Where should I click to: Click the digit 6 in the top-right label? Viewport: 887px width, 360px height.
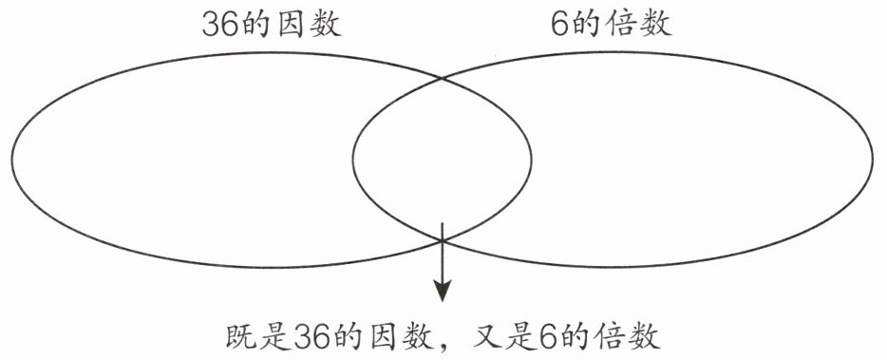click(x=560, y=25)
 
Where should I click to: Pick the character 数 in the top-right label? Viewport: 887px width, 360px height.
click(x=656, y=25)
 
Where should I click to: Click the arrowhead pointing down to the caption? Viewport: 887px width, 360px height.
click(x=443, y=291)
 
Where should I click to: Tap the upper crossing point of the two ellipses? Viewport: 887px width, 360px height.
click(x=442, y=77)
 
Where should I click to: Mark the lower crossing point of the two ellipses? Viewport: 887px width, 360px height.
click(x=442, y=241)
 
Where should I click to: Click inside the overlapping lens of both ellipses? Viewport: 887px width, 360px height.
click(x=442, y=159)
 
